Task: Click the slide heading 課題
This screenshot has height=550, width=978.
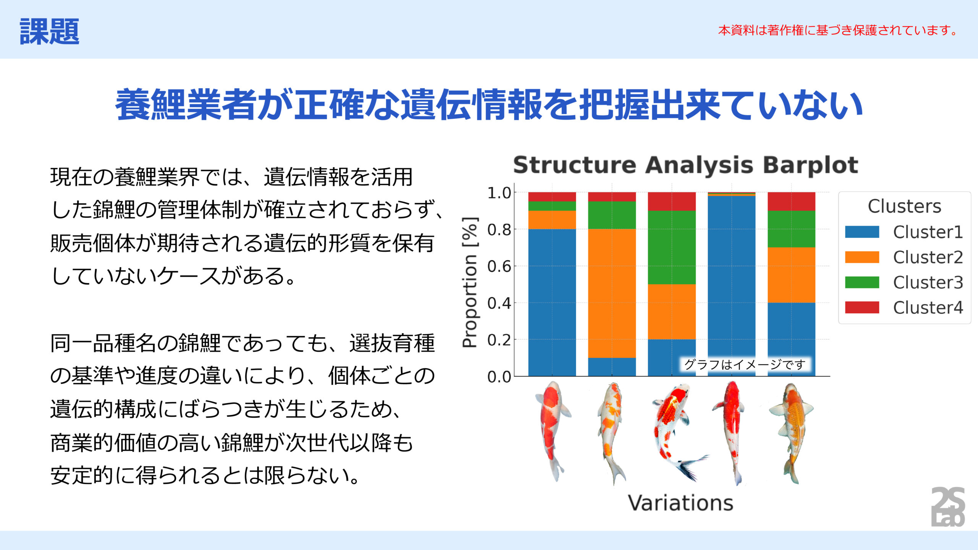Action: [x=49, y=31]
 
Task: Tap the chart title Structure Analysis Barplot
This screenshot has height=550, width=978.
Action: [x=685, y=165]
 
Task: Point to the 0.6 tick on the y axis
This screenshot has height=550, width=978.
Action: [x=499, y=266]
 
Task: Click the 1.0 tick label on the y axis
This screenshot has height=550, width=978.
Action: [x=499, y=193]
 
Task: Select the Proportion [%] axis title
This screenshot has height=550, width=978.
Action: [x=470, y=282]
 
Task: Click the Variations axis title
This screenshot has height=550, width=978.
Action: [x=681, y=503]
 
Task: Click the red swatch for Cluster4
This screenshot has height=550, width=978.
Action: [x=862, y=307]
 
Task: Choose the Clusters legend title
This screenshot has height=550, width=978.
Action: [x=904, y=206]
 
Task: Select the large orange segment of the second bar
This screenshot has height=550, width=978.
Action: [x=612, y=293]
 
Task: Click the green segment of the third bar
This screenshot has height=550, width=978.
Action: [x=672, y=247]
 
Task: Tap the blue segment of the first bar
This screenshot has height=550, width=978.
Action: [x=552, y=302]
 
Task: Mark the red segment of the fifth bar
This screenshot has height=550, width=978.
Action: [x=791, y=201]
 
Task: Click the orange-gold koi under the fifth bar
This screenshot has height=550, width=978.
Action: [x=791, y=433]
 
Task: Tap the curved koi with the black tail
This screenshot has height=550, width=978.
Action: [x=678, y=432]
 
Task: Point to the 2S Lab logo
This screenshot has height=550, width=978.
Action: [x=948, y=506]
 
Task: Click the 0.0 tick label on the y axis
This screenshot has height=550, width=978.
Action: [x=499, y=377]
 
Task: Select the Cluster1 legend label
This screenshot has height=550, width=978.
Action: [x=928, y=232]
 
